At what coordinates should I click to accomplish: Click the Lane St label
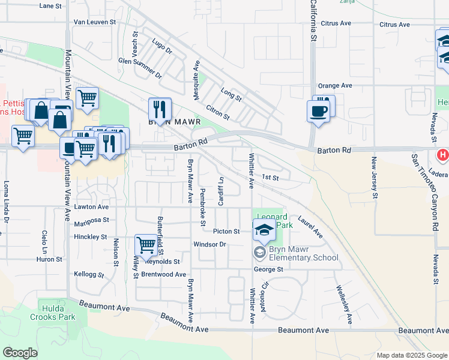tap(50, 6)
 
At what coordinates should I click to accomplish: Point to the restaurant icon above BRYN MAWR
tap(160, 109)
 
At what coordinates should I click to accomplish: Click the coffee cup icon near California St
tap(318, 111)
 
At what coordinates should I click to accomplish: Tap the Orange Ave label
tap(335, 86)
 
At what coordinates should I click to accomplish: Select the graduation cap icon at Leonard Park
tap(264, 229)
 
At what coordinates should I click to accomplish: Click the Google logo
tap(20, 353)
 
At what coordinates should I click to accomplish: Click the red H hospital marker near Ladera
tap(443, 155)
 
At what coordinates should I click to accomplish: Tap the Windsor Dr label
tap(209, 244)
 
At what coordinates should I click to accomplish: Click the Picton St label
tap(226, 231)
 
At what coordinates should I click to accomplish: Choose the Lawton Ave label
tap(91, 206)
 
